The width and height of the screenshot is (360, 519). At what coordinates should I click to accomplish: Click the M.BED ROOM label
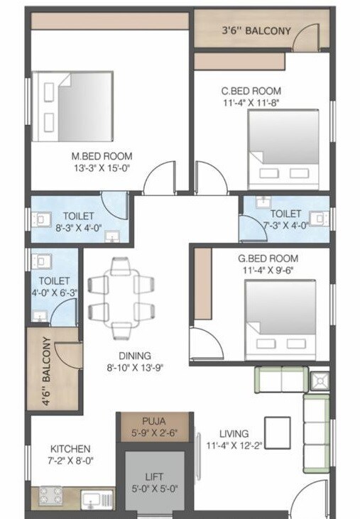pos(106,156)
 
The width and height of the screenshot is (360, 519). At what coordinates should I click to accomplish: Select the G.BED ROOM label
pos(268,258)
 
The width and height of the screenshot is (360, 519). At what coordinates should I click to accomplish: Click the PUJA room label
pos(153,420)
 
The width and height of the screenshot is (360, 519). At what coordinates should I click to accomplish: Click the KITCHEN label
pos(70,449)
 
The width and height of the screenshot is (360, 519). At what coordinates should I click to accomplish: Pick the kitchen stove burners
pos(50,496)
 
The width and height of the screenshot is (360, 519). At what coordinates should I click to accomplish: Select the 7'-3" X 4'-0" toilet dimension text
pos(285,225)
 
